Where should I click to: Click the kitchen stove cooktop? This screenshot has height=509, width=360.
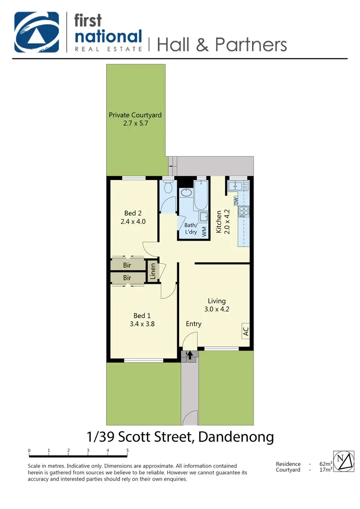point(244,210)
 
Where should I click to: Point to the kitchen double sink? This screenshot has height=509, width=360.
point(238,185)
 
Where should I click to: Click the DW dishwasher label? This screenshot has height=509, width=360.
point(236,200)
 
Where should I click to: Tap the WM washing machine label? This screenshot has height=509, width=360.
point(204,231)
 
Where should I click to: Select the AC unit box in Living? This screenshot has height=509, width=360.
point(245,331)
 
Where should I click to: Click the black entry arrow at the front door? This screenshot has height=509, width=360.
point(190,355)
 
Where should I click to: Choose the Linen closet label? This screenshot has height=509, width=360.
point(153,272)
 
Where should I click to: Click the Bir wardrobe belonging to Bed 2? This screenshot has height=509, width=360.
point(127,265)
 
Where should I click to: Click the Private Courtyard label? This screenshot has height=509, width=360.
point(135,115)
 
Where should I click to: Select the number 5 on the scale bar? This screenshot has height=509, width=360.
point(127,450)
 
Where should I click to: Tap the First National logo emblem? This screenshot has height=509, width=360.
point(36,32)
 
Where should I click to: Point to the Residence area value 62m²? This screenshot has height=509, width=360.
point(325,464)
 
